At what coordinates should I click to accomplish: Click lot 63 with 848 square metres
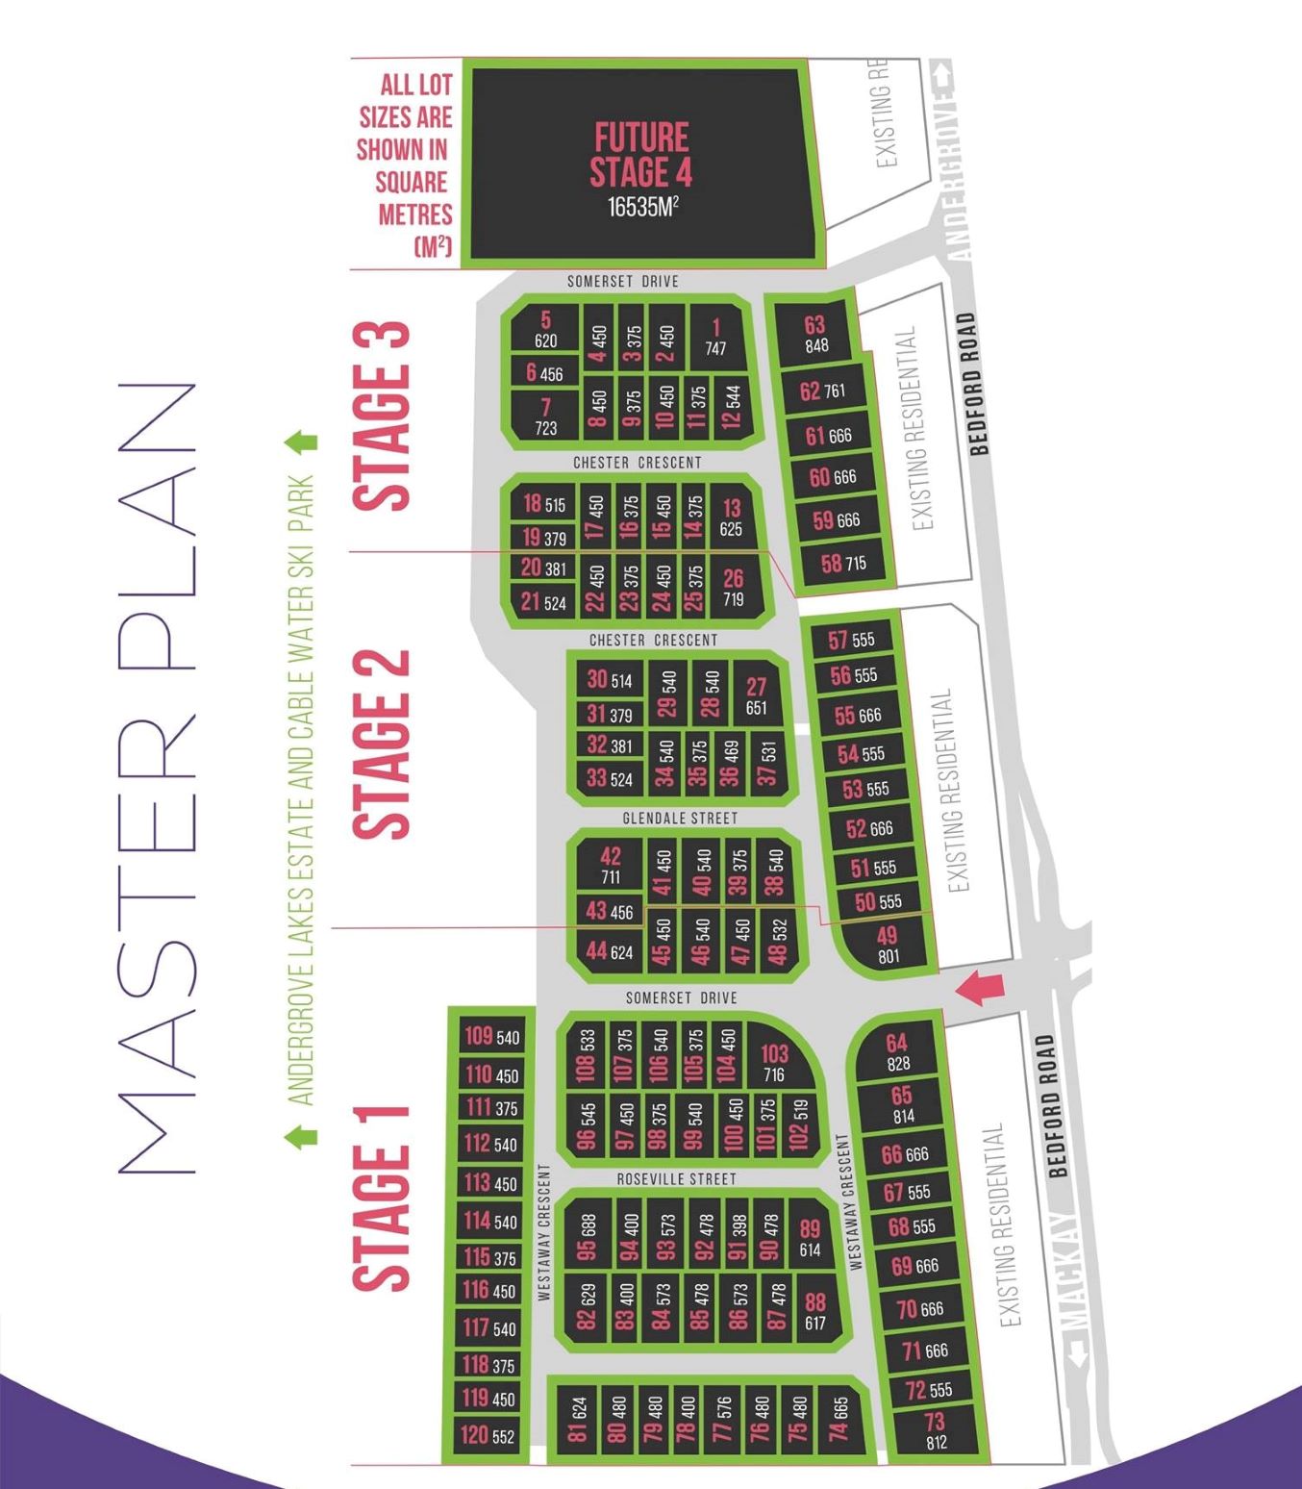point(815,334)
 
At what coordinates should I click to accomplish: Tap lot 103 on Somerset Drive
point(774,1062)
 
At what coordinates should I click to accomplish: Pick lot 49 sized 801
point(888,944)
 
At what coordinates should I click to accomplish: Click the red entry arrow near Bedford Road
point(980,987)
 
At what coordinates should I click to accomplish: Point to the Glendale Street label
point(680,818)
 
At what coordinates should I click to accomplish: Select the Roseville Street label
point(676,1178)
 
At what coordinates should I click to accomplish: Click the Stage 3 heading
point(382,416)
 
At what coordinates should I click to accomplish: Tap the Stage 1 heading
point(382,1198)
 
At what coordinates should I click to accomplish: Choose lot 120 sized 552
point(488,1435)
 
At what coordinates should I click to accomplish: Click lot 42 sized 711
point(611,865)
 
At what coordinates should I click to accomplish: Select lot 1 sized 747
point(715,337)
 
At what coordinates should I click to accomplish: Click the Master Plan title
point(159,779)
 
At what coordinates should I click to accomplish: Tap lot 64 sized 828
point(897,1051)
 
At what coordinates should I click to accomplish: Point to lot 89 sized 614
point(810,1238)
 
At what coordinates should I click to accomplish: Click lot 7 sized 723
point(545,416)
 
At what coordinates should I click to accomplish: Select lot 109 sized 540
point(491,1036)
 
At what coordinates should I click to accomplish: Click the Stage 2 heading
point(382,744)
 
